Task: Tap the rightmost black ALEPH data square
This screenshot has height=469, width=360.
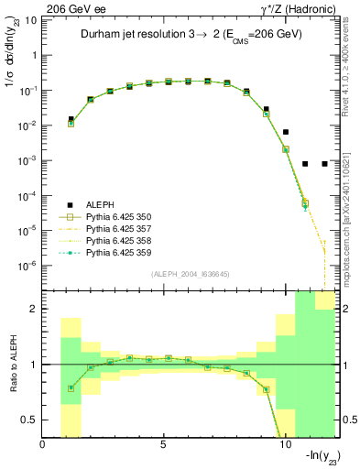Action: [325, 164]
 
